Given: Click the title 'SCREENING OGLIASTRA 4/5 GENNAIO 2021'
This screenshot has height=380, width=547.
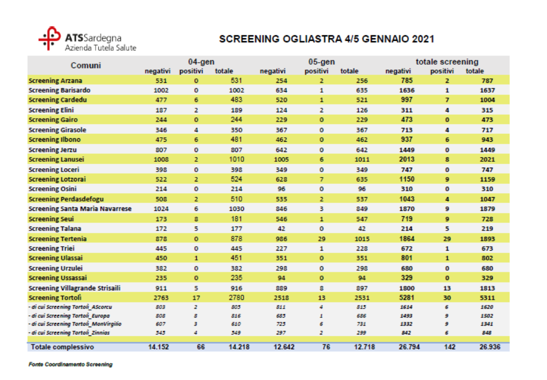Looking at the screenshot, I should (x=326, y=39).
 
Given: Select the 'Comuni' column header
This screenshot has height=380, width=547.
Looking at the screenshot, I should (x=86, y=65).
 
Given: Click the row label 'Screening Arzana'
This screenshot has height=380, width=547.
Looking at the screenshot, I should (x=55, y=80).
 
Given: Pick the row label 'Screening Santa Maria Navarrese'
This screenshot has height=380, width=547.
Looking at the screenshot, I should (x=80, y=209).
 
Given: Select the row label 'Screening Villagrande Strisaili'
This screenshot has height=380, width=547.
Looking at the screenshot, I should (x=75, y=288).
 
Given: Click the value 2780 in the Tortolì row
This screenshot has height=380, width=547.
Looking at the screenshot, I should (x=237, y=298).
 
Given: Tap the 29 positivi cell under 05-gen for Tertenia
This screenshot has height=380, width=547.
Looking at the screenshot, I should (x=322, y=239).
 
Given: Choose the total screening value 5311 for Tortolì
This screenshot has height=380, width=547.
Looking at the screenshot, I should (x=487, y=298).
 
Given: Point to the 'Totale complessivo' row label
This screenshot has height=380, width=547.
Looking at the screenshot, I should (x=62, y=347).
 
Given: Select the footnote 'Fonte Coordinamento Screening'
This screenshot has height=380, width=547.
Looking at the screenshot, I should (x=70, y=365).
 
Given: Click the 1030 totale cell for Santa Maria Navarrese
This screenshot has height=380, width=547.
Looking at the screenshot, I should (x=237, y=209).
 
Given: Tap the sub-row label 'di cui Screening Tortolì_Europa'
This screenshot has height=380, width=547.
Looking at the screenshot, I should (x=70, y=315).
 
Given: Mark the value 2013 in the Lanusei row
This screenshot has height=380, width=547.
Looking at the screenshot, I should (x=407, y=159).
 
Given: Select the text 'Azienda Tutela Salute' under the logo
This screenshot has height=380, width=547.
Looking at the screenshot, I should (x=101, y=48).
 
